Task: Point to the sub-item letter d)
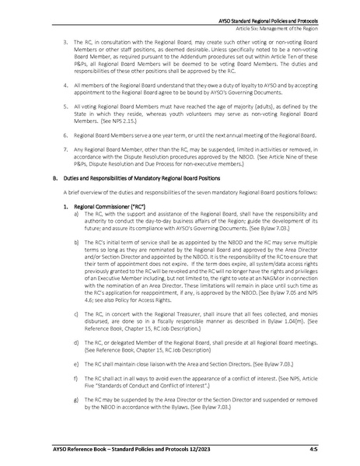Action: coord(76,362)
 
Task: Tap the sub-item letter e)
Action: coord(76,383)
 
